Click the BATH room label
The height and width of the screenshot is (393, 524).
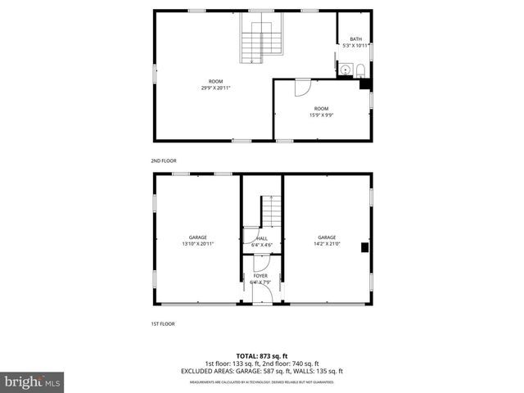pyautogui.click(x=355, y=39)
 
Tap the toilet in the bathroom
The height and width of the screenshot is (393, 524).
pyautogui.click(x=359, y=70)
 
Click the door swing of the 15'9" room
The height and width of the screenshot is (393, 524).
pyautogui.click(x=301, y=85)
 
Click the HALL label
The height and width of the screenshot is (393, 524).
pyautogui.click(x=262, y=238)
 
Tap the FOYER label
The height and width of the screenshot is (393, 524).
pyautogui.click(x=260, y=276)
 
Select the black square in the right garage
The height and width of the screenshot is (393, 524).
pyautogui.click(x=367, y=247)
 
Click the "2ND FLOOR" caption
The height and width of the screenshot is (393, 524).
pyautogui.click(x=163, y=160)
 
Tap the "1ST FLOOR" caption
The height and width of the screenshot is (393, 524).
pyautogui.click(x=162, y=323)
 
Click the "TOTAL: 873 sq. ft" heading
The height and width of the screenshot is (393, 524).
pyautogui.click(x=261, y=356)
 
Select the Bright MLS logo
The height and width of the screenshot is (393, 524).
pyautogui.click(x=32, y=382)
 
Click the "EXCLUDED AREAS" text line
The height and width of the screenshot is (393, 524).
pyautogui.click(x=261, y=371)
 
